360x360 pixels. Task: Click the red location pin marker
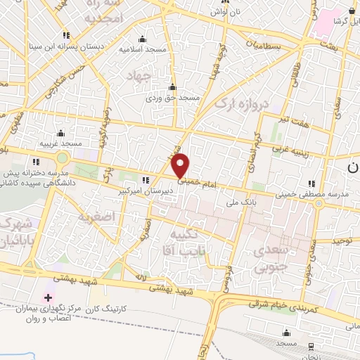point(181,165)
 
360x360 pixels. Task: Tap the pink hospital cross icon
point(48,297)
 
